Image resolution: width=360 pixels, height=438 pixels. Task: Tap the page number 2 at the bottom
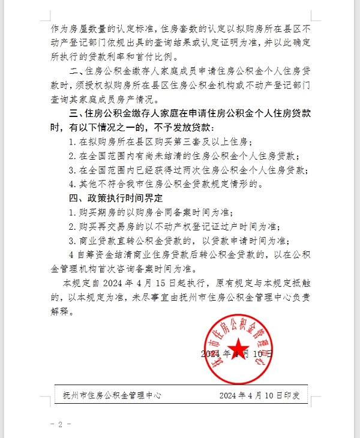point(60,424)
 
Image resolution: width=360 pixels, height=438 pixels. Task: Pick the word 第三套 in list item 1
point(191,142)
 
